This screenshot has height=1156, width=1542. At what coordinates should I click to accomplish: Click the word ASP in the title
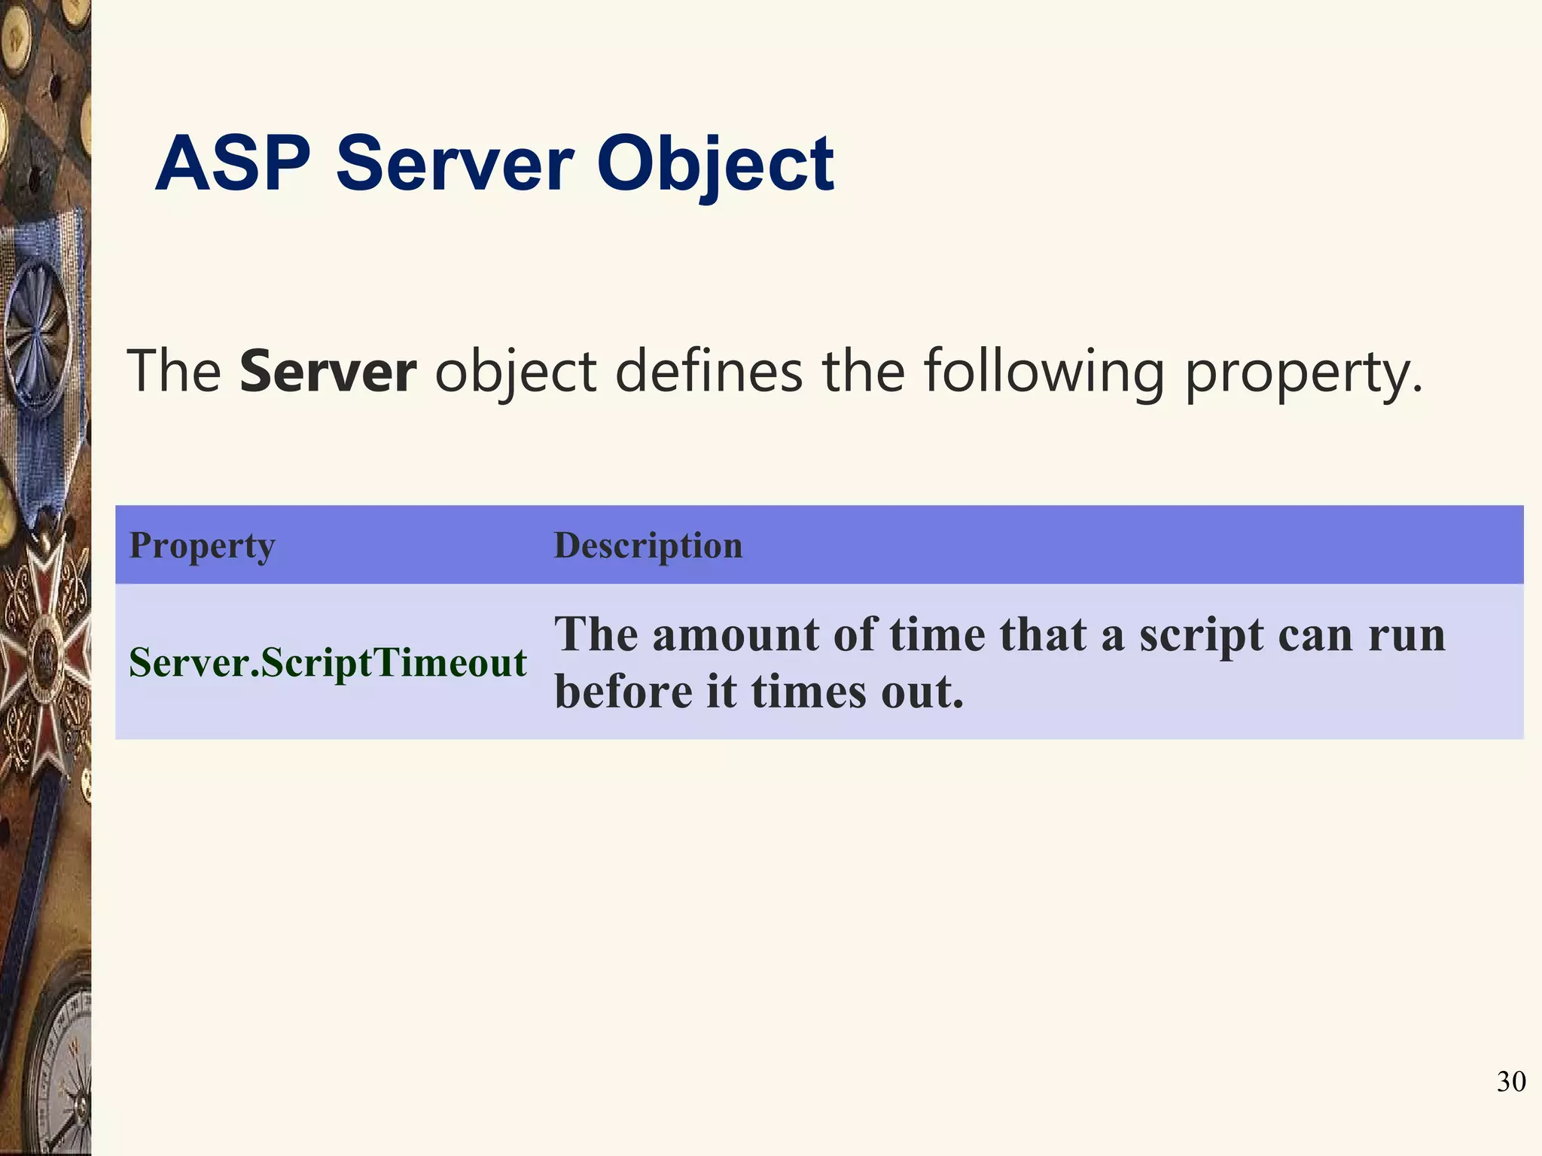point(232,163)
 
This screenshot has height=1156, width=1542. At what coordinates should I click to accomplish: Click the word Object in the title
point(715,163)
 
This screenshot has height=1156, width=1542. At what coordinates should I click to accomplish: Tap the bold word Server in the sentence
point(328,371)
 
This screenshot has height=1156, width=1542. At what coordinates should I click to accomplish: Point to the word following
point(1044,371)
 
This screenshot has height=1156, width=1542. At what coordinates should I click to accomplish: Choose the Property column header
point(202,545)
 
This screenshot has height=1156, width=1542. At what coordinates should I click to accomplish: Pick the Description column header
point(648,545)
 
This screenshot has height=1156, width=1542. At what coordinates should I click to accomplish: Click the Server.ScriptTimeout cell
point(328,662)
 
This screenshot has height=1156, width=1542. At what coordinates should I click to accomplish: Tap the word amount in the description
point(736,634)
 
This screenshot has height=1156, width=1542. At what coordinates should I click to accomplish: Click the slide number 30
point(1510,1081)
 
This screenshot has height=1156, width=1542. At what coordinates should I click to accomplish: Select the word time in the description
point(937,634)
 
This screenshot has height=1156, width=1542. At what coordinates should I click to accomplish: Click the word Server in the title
point(454,163)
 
